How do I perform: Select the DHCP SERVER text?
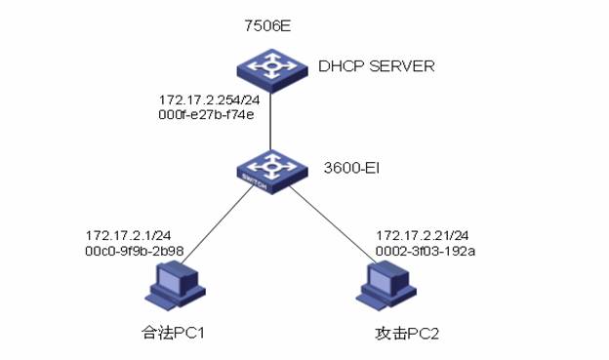tap(376, 66)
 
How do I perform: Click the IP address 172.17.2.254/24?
tap(210, 100)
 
